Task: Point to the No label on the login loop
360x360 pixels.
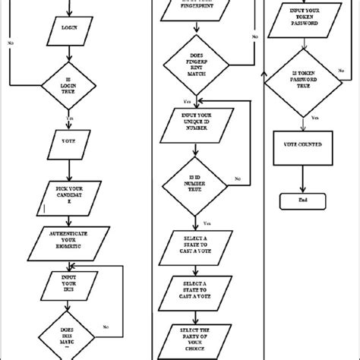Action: tap(11, 43)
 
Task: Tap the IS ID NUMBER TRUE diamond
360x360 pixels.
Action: tap(197, 182)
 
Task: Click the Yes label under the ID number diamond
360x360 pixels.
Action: tap(207, 223)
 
